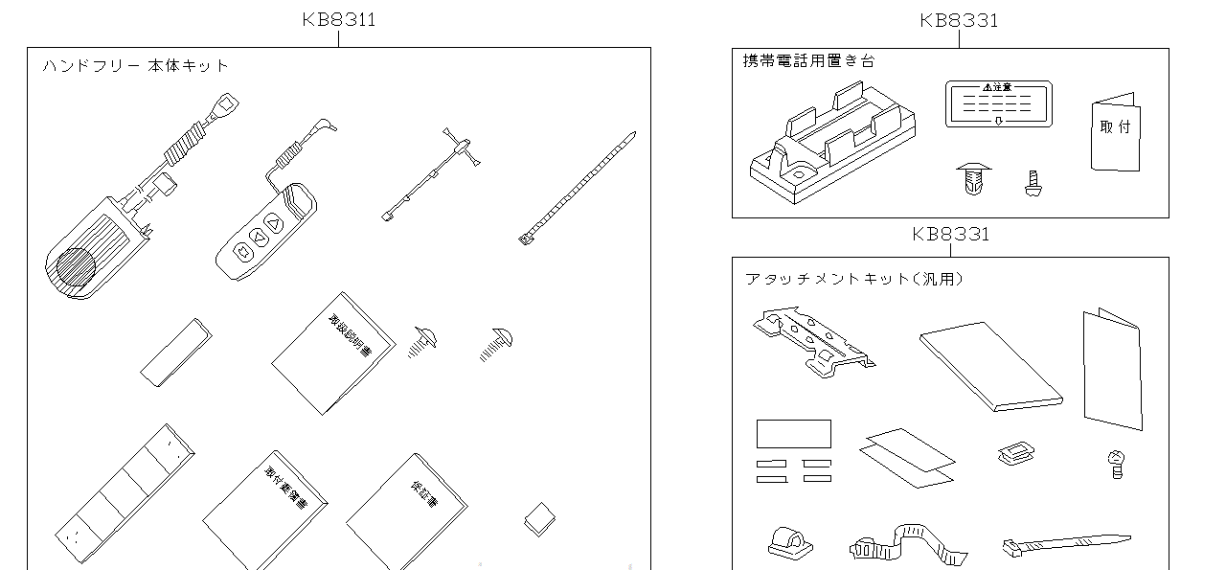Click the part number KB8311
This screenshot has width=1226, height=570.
[338, 20]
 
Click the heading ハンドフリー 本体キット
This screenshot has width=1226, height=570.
[135, 66]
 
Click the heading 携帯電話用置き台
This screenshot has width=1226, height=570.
[808, 60]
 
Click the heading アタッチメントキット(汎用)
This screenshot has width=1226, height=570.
[853, 279]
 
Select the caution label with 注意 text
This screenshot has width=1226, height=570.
[997, 103]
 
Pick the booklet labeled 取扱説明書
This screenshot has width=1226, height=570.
[333, 353]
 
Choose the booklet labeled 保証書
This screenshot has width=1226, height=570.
[406, 512]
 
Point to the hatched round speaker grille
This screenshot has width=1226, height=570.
[75, 268]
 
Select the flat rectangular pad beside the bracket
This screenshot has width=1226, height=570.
[990, 365]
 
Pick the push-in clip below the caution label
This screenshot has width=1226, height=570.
[973, 179]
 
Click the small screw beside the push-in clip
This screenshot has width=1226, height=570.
[1033, 182]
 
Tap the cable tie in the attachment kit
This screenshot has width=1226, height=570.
[1063, 544]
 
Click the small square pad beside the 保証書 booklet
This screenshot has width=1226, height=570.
[537, 519]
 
